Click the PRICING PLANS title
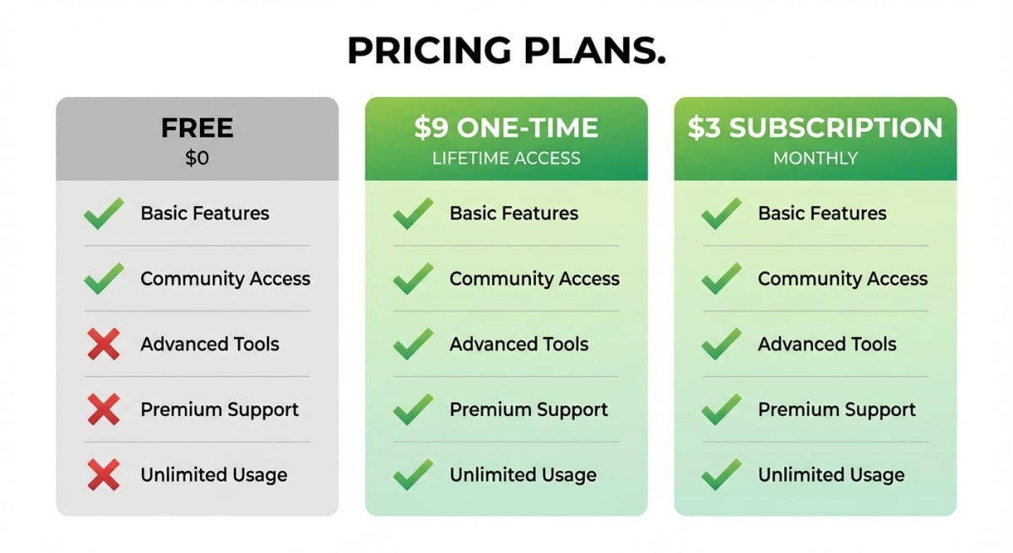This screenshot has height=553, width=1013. click(506, 52)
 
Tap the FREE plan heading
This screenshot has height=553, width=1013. click(197, 128)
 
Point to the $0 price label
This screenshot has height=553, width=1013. click(197, 158)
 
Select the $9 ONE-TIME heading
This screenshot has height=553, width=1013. click(506, 128)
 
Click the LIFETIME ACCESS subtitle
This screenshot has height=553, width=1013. click(506, 158)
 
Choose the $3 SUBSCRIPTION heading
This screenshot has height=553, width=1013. click(815, 128)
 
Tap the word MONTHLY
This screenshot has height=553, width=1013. click(815, 158)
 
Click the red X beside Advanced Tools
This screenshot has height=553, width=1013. click(103, 344)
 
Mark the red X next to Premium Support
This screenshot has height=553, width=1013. click(103, 410)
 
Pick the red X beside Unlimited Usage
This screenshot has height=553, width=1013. click(103, 475)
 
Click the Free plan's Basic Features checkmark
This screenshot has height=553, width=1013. click(103, 214)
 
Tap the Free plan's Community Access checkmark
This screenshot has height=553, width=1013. click(103, 279)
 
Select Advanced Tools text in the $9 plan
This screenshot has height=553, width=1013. click(518, 344)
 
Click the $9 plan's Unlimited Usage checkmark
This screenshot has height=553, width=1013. click(412, 475)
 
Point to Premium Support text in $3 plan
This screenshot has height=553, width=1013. click(837, 410)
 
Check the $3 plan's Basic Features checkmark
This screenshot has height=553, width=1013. click(721, 214)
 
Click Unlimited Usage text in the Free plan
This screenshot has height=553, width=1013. click(214, 475)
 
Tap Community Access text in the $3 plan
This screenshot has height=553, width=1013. click(842, 279)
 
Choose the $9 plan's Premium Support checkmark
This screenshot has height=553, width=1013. click(412, 410)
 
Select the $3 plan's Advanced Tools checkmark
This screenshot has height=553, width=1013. click(721, 344)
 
